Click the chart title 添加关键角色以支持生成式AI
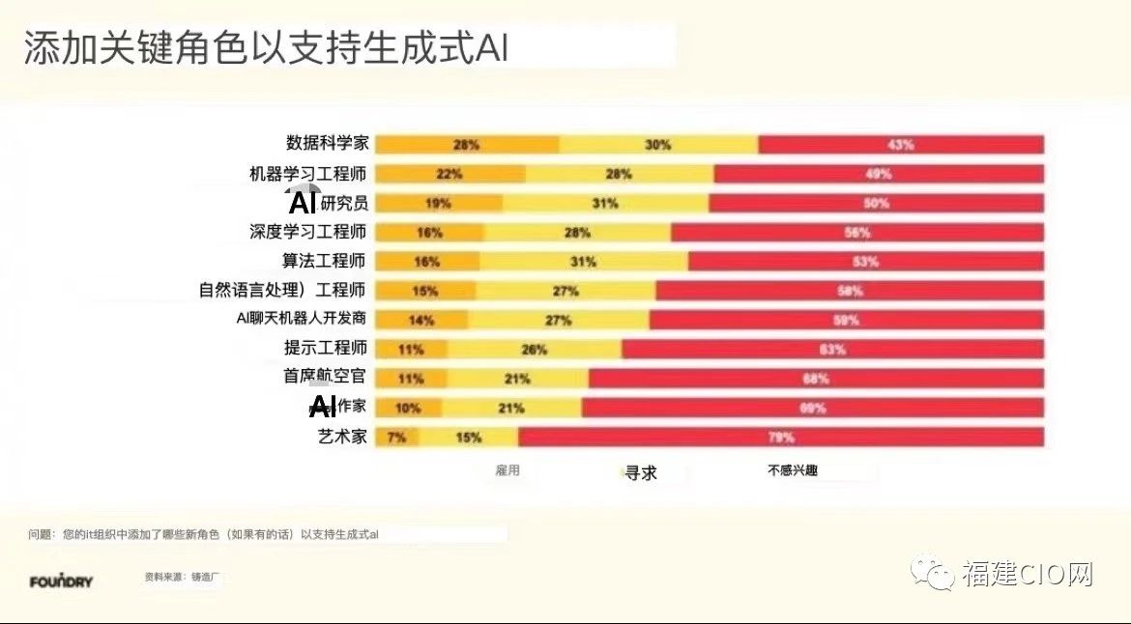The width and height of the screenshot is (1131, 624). (x=266, y=47)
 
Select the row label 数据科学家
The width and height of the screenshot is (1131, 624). (x=328, y=143)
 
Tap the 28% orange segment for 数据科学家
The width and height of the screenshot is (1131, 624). (x=467, y=145)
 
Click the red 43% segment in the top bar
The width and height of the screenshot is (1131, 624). (x=900, y=145)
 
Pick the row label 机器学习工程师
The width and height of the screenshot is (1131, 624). (x=308, y=174)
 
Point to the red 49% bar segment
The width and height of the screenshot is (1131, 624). (x=879, y=174)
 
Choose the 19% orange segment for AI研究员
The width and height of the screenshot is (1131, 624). (x=439, y=204)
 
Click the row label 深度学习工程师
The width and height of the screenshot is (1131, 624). (x=308, y=232)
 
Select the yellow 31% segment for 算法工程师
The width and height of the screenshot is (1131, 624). (x=584, y=262)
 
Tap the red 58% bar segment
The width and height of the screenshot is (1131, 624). (x=850, y=291)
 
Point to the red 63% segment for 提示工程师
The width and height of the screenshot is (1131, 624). (x=832, y=349)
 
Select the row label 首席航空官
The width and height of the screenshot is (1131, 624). (x=325, y=377)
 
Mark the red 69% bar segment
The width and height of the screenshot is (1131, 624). (x=813, y=408)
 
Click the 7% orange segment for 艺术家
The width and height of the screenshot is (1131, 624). (x=396, y=437)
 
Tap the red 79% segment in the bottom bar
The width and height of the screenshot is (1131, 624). (x=781, y=437)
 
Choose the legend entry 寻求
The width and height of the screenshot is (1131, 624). (x=641, y=472)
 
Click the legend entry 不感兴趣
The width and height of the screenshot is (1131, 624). (x=793, y=471)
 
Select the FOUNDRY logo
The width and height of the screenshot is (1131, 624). (x=61, y=580)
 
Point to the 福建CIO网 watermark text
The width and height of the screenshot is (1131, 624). (x=1027, y=574)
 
